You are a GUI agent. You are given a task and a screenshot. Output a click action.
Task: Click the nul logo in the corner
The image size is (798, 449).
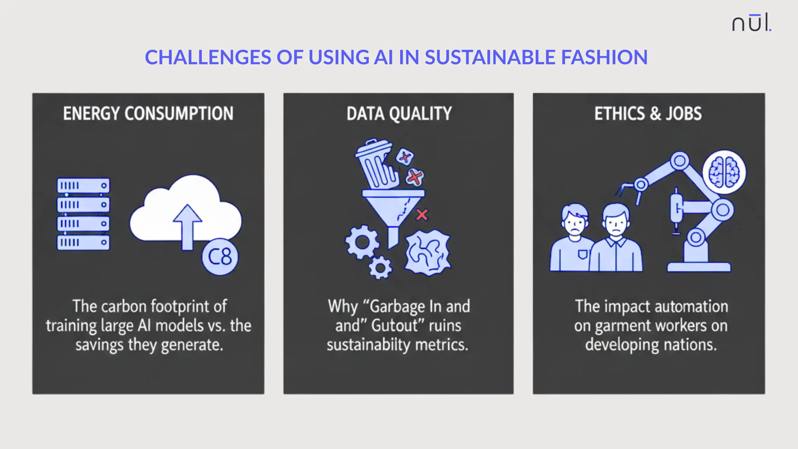pos(751,23)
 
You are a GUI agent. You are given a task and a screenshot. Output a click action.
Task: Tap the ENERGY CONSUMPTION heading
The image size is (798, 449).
pos(148,113)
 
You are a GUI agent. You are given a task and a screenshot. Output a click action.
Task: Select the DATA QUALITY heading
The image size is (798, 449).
pos(399,113)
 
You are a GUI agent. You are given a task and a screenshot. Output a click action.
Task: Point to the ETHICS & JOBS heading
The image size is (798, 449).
pos(648,113)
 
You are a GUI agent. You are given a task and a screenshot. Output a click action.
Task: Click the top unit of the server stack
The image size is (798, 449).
pos(83,185)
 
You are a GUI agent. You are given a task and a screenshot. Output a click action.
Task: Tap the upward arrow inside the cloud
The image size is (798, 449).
pos(187,226)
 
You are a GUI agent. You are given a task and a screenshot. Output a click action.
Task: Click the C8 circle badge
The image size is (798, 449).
pos(220,256)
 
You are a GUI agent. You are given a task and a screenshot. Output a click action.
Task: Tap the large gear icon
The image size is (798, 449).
pos(362,242)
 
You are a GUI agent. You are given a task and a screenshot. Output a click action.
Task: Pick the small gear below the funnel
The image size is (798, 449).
pos(380,268)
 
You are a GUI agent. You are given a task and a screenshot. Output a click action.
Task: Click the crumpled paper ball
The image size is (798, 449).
pos(427,253)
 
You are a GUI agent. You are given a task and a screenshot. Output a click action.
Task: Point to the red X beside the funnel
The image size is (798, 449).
pos(422,215)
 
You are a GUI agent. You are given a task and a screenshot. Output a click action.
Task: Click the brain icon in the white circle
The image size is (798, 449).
pos(724,172)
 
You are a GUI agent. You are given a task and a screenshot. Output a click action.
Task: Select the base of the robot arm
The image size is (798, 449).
pos(699,266)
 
